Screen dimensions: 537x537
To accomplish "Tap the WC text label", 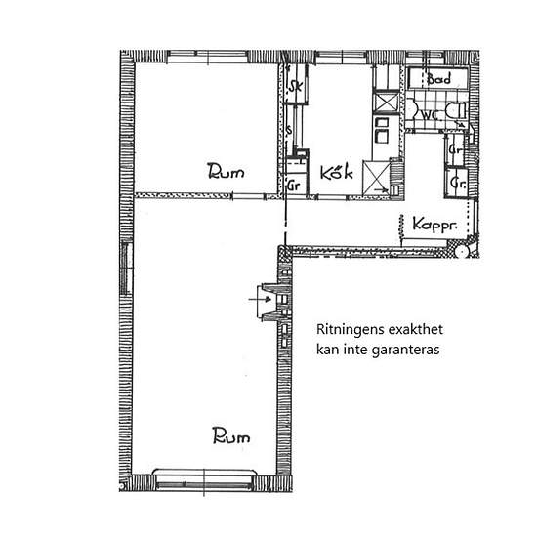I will [430, 115].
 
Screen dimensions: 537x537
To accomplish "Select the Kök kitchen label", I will [335, 174].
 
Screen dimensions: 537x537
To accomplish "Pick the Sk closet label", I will [295, 87].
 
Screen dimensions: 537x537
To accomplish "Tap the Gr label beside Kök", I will [293, 185].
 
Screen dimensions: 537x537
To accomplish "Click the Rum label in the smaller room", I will [226, 173].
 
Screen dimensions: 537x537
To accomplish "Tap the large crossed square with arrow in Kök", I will [376, 176].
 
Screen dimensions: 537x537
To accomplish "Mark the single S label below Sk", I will [291, 129].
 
